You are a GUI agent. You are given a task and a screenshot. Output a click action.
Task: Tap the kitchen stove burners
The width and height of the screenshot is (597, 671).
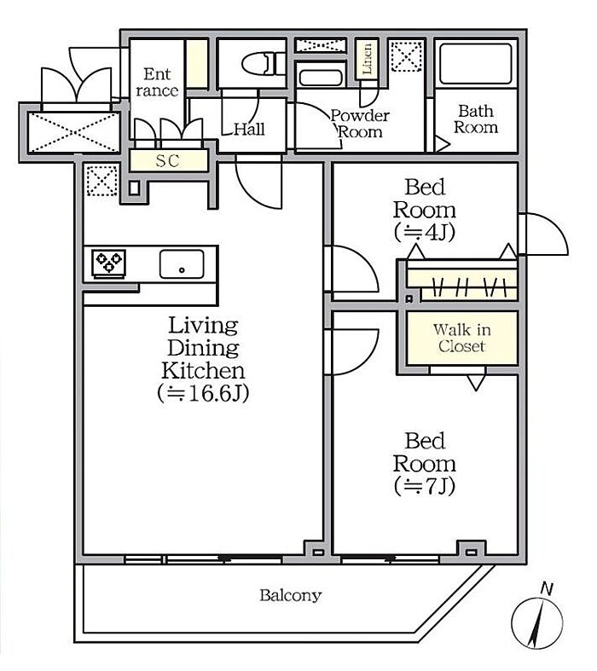(x=108, y=263)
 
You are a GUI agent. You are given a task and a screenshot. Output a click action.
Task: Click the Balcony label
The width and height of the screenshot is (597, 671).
(x=290, y=595)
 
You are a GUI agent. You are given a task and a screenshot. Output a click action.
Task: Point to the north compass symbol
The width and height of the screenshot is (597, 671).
(x=537, y=622)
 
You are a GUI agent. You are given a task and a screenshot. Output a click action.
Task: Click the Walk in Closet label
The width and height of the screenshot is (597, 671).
(x=461, y=338)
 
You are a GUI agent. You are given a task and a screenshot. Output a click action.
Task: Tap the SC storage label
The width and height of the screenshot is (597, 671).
(x=167, y=161)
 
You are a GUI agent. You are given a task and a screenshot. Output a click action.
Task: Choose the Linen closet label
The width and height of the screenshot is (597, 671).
(x=368, y=59)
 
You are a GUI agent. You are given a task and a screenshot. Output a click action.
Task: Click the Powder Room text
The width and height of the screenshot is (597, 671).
(x=360, y=124)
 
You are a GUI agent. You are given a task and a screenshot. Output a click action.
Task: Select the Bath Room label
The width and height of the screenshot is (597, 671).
(x=476, y=119)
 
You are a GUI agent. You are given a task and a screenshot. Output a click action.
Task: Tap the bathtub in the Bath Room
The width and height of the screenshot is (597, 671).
(x=475, y=63)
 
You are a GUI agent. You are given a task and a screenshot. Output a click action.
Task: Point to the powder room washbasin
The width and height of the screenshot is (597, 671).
(x=321, y=78)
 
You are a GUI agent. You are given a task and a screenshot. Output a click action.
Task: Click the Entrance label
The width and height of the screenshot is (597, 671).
(x=157, y=82)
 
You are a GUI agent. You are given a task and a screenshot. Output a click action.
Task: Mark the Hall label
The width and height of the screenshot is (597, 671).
(x=250, y=129)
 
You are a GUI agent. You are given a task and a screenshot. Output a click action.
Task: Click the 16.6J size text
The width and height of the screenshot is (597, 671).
(x=203, y=393)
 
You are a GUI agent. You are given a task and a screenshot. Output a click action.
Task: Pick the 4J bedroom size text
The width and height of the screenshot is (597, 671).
(x=424, y=233)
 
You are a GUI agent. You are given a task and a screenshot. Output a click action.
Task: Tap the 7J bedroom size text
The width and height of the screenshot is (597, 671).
(x=424, y=486)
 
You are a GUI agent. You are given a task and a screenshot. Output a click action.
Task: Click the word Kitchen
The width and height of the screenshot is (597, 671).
(x=203, y=371)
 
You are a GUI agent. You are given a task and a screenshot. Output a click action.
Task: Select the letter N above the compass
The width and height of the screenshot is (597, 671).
(x=546, y=589)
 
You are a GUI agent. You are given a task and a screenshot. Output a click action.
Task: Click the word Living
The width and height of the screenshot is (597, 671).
(x=203, y=326)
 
